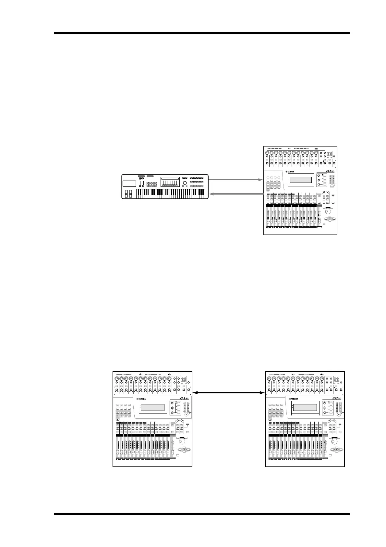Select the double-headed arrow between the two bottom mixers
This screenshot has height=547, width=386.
click(x=229, y=393)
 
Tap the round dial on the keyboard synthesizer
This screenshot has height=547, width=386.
click(x=185, y=184)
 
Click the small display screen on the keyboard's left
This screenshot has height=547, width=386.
click(x=129, y=183)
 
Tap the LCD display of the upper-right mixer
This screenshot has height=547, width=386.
click(x=301, y=180)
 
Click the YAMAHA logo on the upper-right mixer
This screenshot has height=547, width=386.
click(x=293, y=172)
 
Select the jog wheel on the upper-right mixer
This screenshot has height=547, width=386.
click(x=328, y=210)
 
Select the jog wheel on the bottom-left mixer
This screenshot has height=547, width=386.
click(x=182, y=441)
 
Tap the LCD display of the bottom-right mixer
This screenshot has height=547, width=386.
click(x=304, y=408)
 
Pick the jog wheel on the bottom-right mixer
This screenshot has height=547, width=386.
click(x=334, y=441)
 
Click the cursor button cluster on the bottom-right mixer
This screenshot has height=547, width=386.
click(x=337, y=450)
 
